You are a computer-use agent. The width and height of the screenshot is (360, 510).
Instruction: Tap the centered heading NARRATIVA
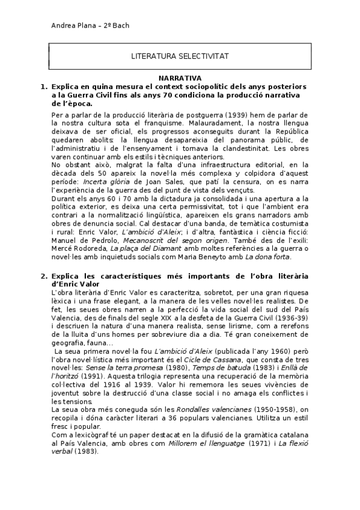(x=180, y=79)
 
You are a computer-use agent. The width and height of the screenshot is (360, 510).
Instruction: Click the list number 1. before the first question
(x=44, y=87)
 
